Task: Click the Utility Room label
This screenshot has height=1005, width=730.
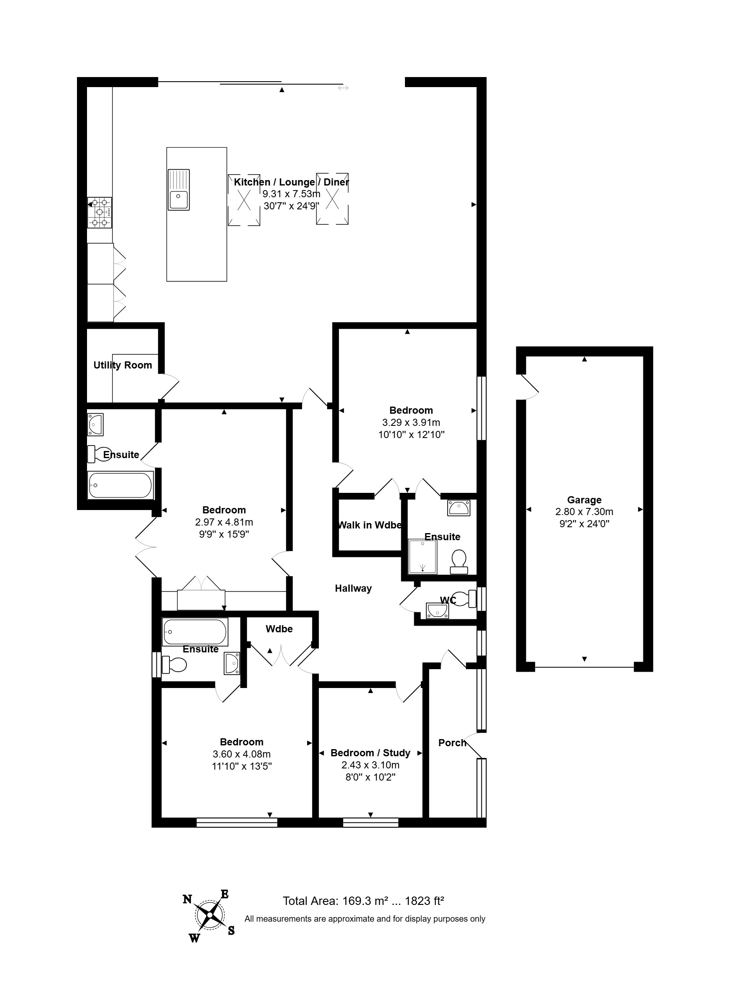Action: [123, 365]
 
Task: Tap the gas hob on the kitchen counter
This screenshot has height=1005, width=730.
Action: [100, 213]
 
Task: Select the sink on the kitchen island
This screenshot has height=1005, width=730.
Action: [179, 190]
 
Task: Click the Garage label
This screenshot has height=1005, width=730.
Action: [584, 500]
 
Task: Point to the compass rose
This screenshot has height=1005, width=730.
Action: [209, 915]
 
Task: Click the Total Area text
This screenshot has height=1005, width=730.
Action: [363, 901]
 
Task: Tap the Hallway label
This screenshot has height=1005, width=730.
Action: [353, 588]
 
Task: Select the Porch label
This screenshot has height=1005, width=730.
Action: [452, 743]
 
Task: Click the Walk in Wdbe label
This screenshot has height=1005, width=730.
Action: [370, 525]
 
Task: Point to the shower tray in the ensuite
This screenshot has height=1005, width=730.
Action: [423, 557]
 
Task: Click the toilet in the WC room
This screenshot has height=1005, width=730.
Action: [465, 599]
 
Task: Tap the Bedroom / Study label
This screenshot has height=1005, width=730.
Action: [371, 753]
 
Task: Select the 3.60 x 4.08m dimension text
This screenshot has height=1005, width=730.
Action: [242, 754]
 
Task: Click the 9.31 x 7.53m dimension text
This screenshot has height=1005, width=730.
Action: [291, 193]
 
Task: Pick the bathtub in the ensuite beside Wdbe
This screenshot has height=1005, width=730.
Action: [195, 632]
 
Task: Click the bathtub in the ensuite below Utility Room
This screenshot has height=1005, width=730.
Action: [120, 485]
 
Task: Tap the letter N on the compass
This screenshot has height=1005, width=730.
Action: [187, 899]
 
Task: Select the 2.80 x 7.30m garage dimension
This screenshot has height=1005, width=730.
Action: [584, 512]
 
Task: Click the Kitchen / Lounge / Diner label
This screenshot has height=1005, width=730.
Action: [291, 182]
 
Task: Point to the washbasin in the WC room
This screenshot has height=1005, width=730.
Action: [438, 611]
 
